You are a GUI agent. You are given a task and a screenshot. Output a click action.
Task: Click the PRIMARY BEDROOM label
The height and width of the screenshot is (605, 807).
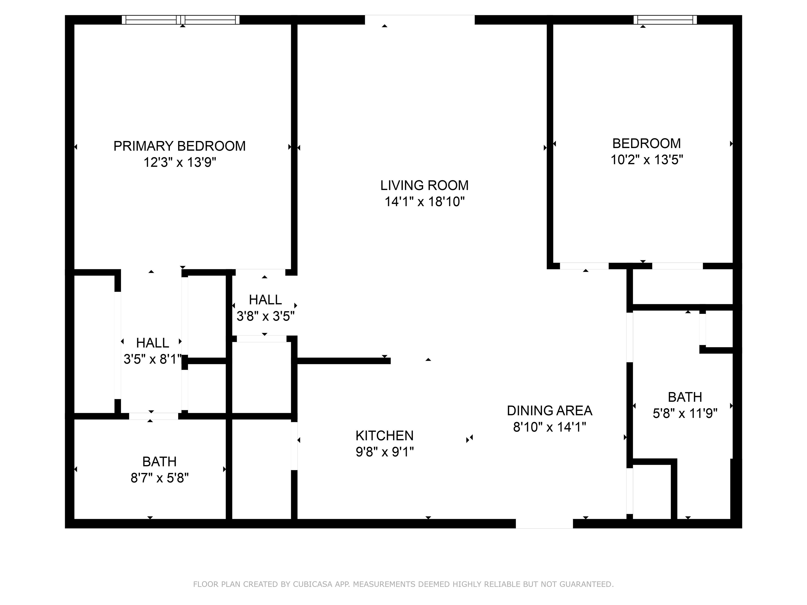179,146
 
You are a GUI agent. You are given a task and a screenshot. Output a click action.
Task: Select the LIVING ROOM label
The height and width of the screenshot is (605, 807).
424,185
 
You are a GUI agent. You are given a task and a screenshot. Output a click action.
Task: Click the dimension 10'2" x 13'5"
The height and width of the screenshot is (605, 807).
647,160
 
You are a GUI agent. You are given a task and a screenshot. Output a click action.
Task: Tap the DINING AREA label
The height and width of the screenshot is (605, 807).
550,411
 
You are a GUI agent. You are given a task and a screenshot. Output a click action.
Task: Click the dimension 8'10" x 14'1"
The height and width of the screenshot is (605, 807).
550,427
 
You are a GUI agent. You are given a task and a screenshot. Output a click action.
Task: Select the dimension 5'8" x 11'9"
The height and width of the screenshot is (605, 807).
685,413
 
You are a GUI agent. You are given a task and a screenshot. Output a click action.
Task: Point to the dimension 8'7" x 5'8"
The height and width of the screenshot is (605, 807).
160,478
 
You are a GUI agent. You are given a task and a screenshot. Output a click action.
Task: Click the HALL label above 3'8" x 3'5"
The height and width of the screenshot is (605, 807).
265,300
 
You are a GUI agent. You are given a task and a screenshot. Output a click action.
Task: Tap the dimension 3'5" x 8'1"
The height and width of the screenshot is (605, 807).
153,359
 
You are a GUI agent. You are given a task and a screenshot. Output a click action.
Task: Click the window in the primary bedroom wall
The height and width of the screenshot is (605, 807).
180,20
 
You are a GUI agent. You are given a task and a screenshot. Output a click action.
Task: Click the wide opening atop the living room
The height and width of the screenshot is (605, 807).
420,20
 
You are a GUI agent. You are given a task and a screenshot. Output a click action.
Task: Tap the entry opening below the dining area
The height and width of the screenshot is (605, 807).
544,523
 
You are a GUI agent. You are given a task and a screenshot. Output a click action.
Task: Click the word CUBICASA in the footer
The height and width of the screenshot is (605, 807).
313,584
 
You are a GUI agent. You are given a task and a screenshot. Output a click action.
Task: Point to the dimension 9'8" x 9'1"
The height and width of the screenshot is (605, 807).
385,452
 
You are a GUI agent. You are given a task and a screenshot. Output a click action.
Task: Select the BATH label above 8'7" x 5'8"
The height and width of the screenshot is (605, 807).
159,462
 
